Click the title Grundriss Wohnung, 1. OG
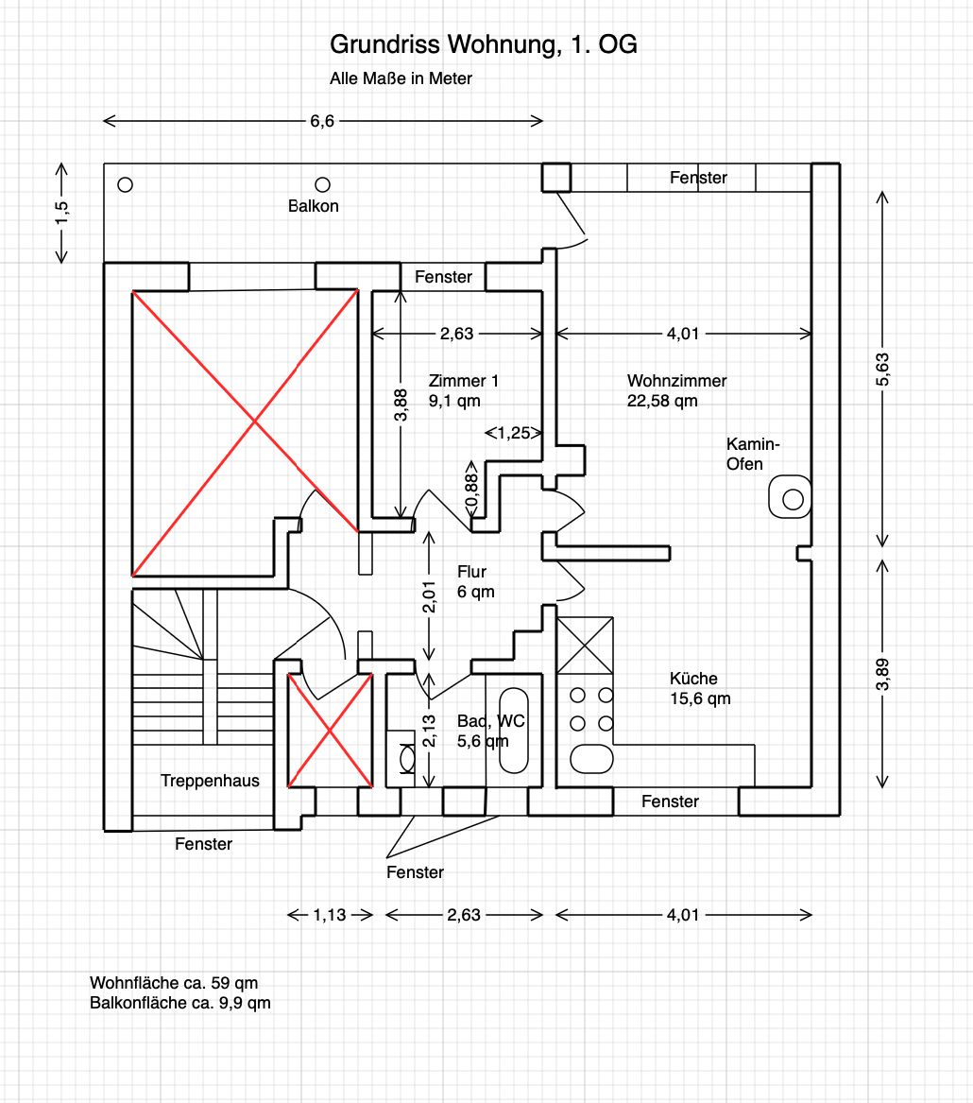483,44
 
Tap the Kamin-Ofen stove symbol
792,497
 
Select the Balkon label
314,205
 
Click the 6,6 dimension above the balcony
322,120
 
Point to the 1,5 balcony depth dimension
61,213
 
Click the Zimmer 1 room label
463,381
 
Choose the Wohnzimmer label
676,381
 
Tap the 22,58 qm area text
662,400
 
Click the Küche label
693,678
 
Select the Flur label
471,572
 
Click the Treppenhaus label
210,781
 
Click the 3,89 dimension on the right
882,672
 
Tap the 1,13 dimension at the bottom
330,914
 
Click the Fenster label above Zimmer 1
443,277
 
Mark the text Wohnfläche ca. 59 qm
174,983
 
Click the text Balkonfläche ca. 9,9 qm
180,1003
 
